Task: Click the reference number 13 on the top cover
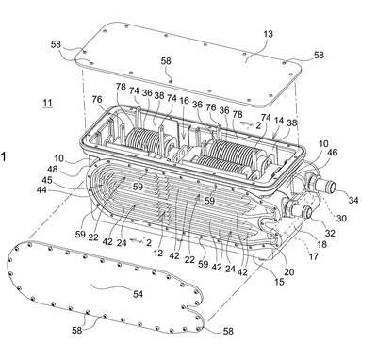(x=269, y=34)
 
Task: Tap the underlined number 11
(x=47, y=103)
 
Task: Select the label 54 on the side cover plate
(x=138, y=294)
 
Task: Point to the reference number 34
(x=353, y=200)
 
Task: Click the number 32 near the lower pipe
(x=330, y=233)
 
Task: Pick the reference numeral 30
(x=341, y=219)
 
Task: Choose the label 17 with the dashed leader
(x=313, y=256)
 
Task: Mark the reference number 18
(x=322, y=244)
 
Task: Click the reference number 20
(x=288, y=271)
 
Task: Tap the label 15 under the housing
(x=279, y=282)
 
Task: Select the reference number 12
(x=158, y=253)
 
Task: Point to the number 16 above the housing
(x=184, y=101)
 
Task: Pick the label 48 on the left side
(x=53, y=169)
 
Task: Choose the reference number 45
(x=47, y=180)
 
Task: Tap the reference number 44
(x=41, y=189)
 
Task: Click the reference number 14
(x=278, y=121)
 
